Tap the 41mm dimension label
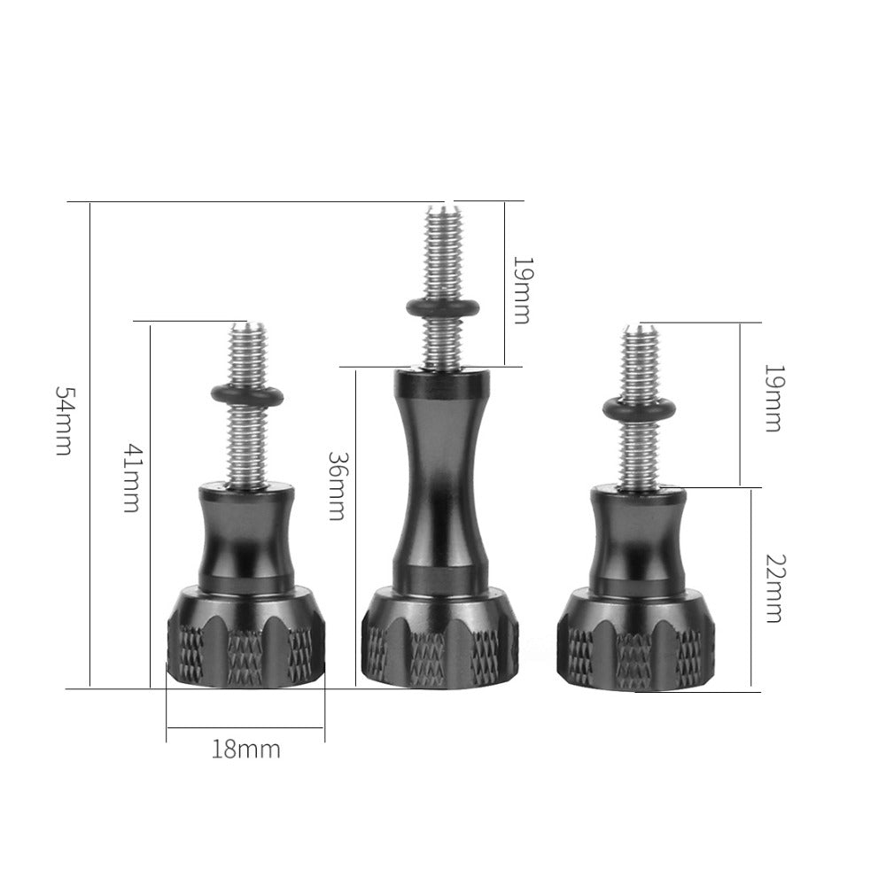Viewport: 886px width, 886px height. point(130,479)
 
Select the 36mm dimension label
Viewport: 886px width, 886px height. point(336,486)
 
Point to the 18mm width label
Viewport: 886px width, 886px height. point(245,750)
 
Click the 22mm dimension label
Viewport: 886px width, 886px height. point(773,588)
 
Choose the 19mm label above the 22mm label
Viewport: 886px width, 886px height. point(773,397)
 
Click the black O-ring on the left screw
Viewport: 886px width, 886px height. point(247,395)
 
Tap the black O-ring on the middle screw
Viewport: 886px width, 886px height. point(443,308)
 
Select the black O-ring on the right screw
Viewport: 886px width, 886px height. point(638,408)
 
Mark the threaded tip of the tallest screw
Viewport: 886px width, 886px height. point(443,221)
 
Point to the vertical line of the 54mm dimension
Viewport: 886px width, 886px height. point(90,532)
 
